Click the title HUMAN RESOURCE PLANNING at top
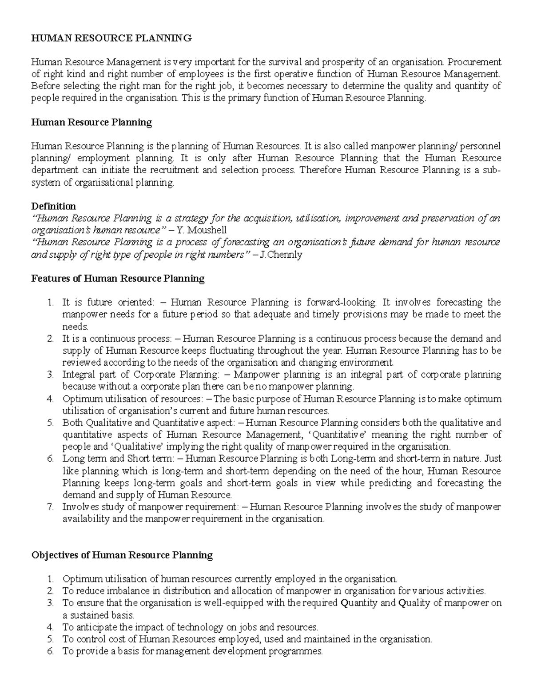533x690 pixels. click(x=111, y=38)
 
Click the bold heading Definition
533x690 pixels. click(x=53, y=206)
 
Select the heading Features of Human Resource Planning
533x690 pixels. click(x=118, y=279)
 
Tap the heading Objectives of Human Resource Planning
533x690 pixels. click(x=122, y=555)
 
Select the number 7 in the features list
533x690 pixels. click(x=50, y=507)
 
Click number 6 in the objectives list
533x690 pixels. click(x=50, y=651)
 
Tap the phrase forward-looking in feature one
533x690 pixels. click(x=341, y=303)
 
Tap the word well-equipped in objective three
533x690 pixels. click(x=233, y=603)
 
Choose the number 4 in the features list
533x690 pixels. click(x=50, y=399)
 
